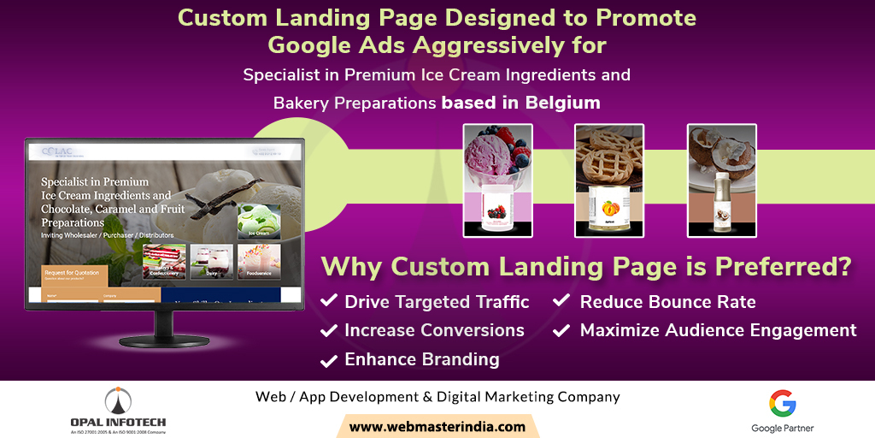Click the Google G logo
tap(782, 403)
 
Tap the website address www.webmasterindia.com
tap(437, 426)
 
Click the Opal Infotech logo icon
tap(118, 400)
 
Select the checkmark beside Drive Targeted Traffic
tap(328, 301)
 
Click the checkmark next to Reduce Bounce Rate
tap(563, 301)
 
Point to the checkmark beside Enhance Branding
tap(328, 360)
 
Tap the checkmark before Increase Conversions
tap(328, 330)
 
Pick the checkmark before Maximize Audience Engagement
tap(563, 330)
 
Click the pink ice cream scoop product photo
tap(497, 180)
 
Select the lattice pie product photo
tap(608, 180)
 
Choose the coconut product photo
tap(721, 180)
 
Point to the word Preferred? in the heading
tap(786, 266)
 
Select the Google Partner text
tap(782, 428)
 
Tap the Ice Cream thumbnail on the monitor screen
tap(258, 221)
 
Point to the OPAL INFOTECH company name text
tap(118, 422)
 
